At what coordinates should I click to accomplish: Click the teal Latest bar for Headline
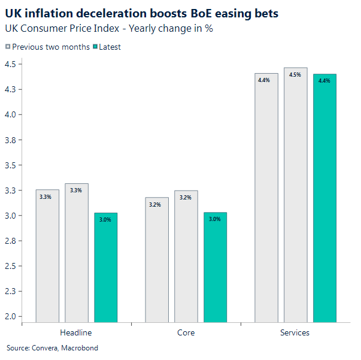106,268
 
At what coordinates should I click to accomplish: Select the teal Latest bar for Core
215,267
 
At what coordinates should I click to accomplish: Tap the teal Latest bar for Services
324,198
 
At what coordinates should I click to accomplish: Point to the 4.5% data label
295,75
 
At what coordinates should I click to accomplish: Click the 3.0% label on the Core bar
214,219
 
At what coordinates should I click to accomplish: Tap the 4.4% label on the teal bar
324,81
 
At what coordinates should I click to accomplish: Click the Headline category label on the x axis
76,332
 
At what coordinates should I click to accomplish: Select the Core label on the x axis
186,332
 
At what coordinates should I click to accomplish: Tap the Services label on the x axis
295,332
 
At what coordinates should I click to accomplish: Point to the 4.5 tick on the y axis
11,64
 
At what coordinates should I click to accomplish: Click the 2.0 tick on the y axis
11,317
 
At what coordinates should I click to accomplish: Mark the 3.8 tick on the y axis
11,140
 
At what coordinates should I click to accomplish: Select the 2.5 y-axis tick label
11,266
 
